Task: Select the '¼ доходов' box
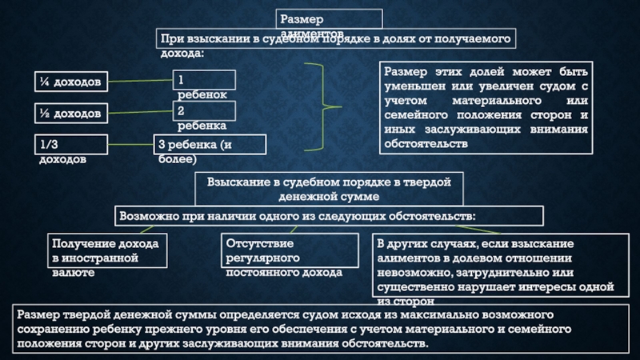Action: point(71,82)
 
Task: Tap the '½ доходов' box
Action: point(71,114)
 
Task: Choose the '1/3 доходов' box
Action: point(71,145)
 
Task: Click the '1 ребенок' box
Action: point(205,80)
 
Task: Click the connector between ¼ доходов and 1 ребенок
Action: point(141,82)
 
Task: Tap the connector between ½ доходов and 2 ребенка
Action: point(141,114)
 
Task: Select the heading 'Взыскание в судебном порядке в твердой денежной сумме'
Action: point(329,189)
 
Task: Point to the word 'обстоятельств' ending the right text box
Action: point(425,144)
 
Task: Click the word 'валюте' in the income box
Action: point(74,273)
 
